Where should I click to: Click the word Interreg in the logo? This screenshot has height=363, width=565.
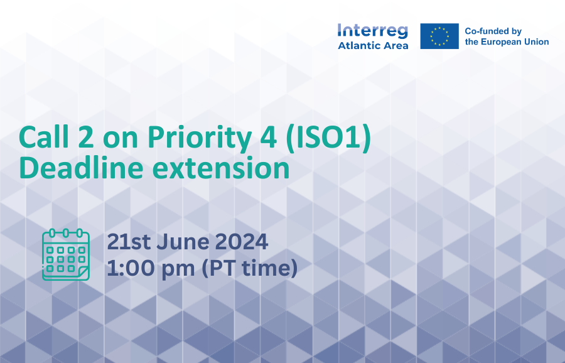click(372, 31)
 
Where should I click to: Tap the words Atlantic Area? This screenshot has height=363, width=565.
click(373, 45)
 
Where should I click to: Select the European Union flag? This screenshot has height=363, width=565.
click(439, 36)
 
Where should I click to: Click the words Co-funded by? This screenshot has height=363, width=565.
click(493, 31)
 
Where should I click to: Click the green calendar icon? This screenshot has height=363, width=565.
click(65, 254)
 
